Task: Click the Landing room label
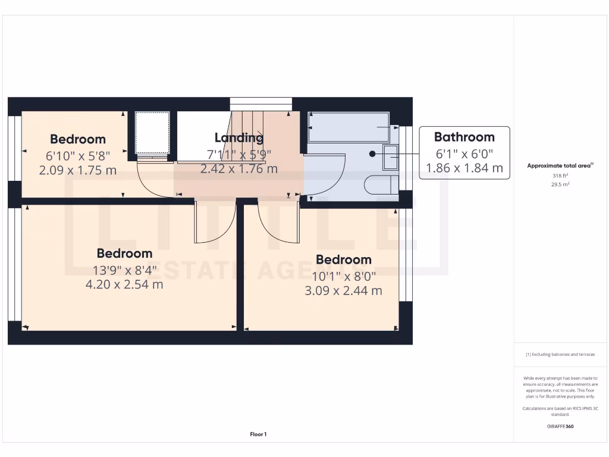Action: tap(238, 138)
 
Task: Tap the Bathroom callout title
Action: tap(464, 137)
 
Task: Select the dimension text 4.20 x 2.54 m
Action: tap(124, 284)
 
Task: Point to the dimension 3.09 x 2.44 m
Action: tap(343, 290)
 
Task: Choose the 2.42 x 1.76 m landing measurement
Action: tap(238, 168)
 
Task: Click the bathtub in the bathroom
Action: tap(348, 127)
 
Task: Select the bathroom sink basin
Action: tap(391, 157)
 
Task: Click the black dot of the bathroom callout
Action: tap(372, 154)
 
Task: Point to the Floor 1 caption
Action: tap(258, 434)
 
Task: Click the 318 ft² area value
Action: tap(561, 176)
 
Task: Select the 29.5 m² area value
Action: tap(561, 184)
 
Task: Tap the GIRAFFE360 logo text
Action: tap(561, 427)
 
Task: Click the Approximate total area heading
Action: tap(560, 166)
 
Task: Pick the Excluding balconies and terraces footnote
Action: tap(560, 354)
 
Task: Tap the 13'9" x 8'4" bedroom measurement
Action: tap(124, 270)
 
